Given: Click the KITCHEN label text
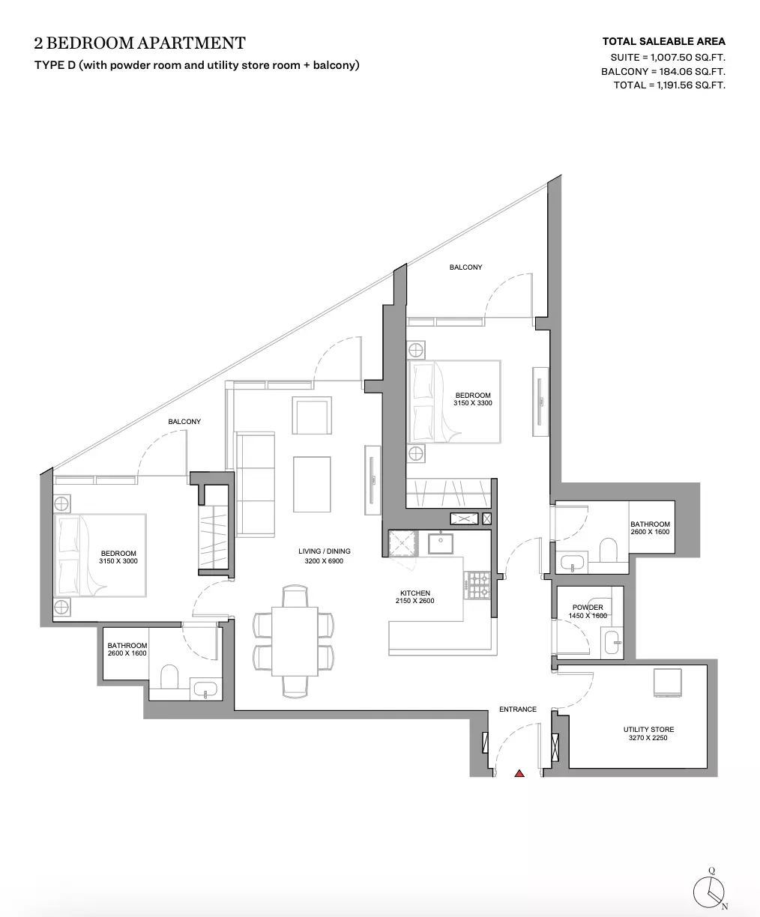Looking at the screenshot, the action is pyautogui.click(x=415, y=593).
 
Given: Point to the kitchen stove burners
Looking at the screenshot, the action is pyautogui.click(x=478, y=585).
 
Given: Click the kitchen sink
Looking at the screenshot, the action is pyautogui.click(x=441, y=544).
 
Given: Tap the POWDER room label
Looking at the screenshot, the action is pyautogui.click(x=588, y=608).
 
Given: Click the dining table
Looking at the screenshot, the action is pyautogui.click(x=295, y=641).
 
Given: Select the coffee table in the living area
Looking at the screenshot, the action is pyautogui.click(x=312, y=484).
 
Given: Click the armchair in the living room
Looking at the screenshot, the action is pyautogui.click(x=312, y=416).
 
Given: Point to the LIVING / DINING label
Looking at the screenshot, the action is pyautogui.click(x=325, y=551).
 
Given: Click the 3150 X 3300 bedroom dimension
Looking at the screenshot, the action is pyautogui.click(x=473, y=403).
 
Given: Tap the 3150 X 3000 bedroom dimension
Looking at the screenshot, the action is pyautogui.click(x=118, y=561).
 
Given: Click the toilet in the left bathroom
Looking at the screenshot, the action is pyautogui.click(x=169, y=677).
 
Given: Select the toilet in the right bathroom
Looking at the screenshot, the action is pyautogui.click(x=609, y=550).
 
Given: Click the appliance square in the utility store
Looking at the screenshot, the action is pyautogui.click(x=667, y=683).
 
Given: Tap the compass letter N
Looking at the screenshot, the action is pyautogui.click(x=725, y=906).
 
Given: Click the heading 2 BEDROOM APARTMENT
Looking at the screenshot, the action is pyautogui.click(x=139, y=43).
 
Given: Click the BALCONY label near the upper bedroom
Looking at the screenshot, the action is pyautogui.click(x=465, y=267).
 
